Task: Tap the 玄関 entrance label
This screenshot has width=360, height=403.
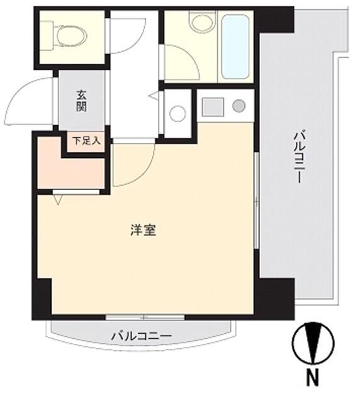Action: pos(82,101)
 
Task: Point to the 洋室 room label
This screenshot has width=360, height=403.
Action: pos(143,230)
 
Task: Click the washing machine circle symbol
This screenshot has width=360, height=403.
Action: pos(178,114)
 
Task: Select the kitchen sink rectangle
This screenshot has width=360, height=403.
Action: pos(213,106)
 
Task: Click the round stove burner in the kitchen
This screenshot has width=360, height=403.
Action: pos(239,106)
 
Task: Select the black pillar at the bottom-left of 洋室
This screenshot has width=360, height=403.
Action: pos(43,296)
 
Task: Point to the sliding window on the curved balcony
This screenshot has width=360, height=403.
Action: pos(145,316)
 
